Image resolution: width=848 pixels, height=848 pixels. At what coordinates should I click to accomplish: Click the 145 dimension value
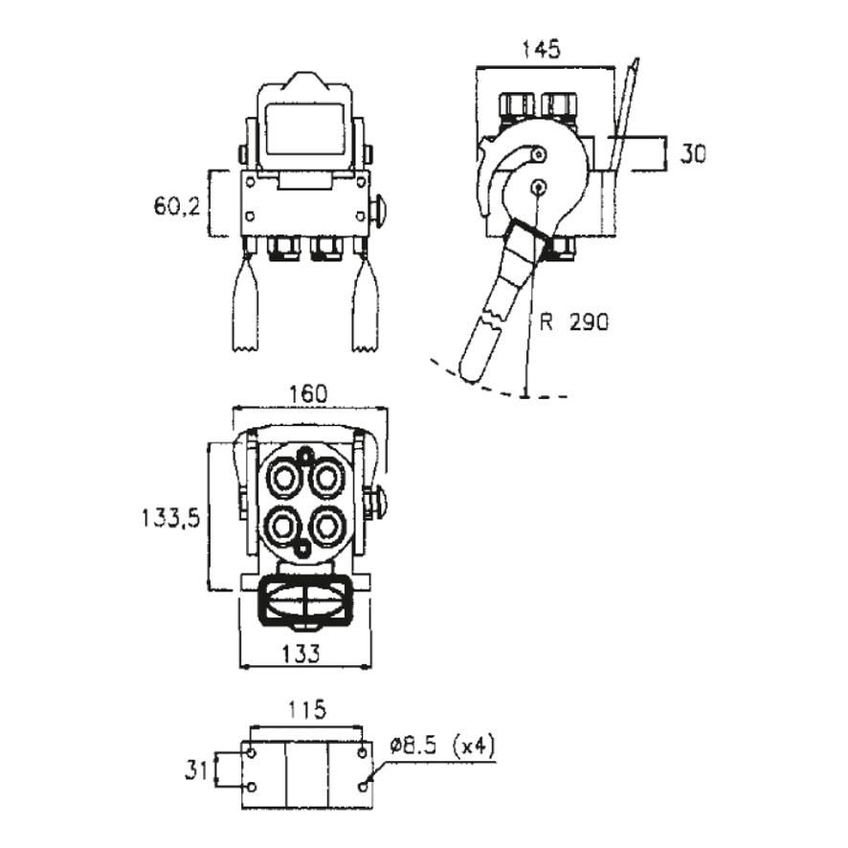click(542, 50)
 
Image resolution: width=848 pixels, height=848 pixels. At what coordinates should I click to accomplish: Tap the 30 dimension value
click(693, 155)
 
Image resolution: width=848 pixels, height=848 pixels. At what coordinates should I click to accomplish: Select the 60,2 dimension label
click(177, 206)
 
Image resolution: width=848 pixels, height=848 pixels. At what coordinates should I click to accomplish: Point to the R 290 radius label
click(574, 323)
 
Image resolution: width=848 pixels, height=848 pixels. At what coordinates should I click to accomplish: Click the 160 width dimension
click(308, 393)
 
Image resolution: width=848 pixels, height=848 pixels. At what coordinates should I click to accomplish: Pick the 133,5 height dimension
click(171, 518)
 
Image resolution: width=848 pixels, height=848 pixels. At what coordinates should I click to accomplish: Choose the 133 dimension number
click(301, 654)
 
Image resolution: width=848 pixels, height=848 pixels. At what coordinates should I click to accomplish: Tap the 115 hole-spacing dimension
click(306, 709)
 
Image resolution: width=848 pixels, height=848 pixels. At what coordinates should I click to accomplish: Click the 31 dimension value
click(196, 770)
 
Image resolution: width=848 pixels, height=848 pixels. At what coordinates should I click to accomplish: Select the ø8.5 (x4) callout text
click(442, 747)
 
